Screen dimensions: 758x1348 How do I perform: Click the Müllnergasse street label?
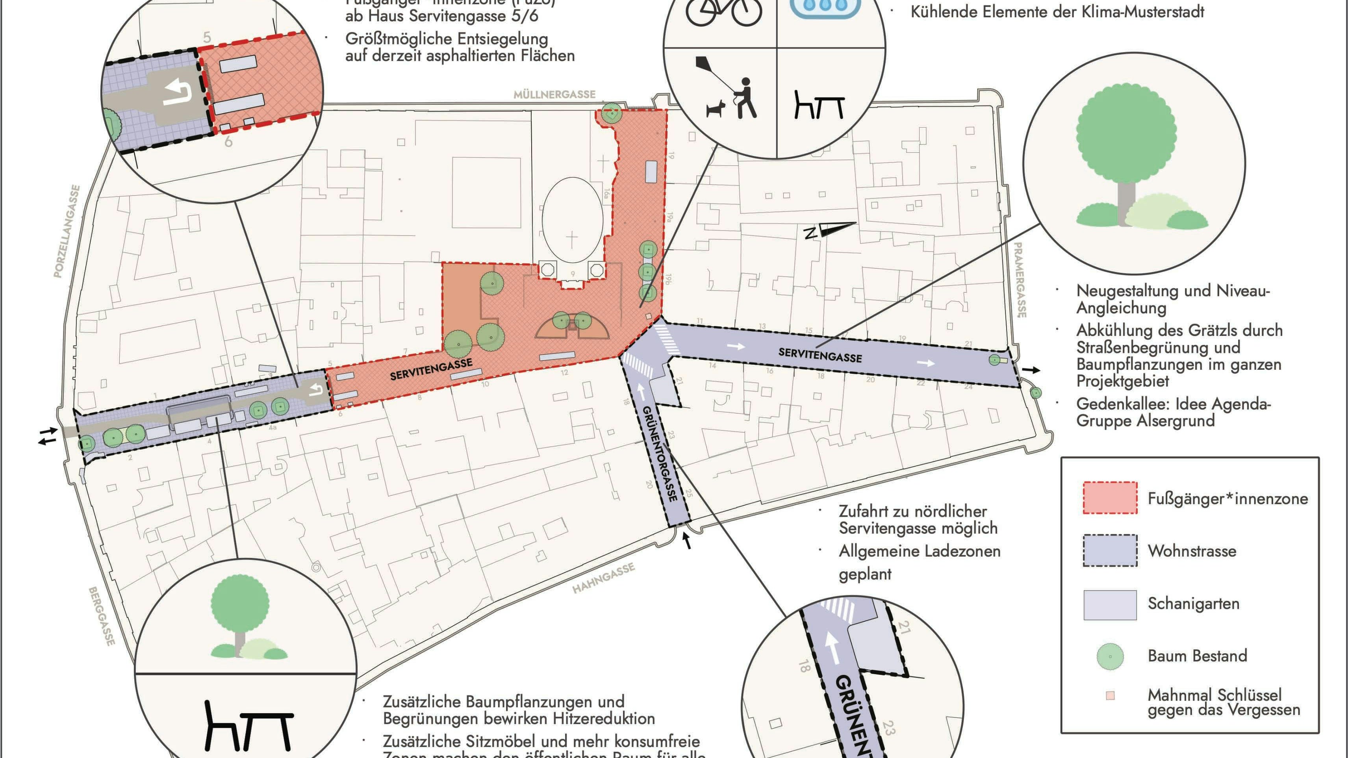(554, 95)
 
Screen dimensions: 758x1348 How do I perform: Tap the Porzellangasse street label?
(67, 231)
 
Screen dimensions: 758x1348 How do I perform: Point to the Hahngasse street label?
(603, 578)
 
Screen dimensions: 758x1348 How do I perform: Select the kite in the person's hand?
(704, 67)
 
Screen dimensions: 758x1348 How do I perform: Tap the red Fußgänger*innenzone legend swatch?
(1110, 497)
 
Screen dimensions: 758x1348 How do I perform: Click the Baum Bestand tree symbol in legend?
(1110, 656)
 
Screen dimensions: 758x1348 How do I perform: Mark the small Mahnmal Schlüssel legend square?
(1110, 695)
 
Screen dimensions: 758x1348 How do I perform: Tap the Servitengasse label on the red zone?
(431, 369)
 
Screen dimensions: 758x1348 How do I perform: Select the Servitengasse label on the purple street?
(820, 355)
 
